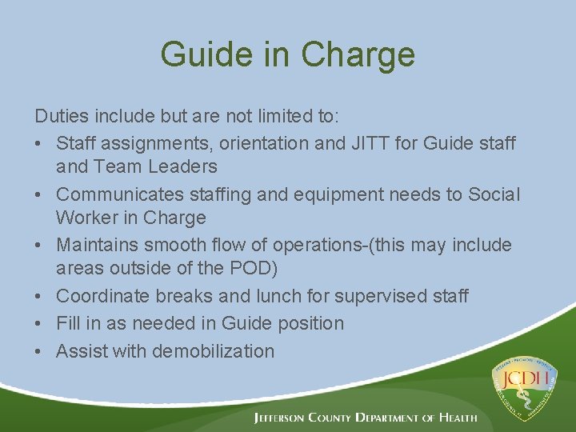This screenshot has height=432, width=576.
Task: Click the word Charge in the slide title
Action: (358, 54)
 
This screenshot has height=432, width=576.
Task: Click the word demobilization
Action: (213, 350)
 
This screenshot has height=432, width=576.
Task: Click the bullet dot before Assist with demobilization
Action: (41, 351)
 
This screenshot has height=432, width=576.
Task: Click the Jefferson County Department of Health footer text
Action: (365, 418)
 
